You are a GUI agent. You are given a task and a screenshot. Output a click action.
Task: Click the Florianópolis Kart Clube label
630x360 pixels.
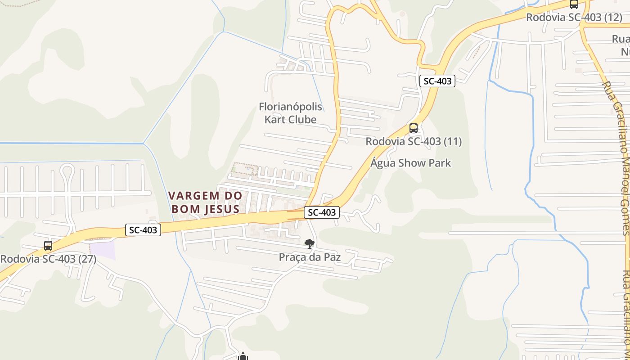pyautogui.click(x=291, y=113)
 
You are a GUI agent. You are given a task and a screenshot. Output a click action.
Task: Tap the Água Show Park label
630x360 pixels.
pyautogui.click(x=410, y=163)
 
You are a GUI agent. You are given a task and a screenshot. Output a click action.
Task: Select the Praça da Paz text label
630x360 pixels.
pyautogui.click(x=310, y=257)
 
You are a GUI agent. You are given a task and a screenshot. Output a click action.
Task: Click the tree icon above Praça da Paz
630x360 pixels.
pyautogui.click(x=309, y=244)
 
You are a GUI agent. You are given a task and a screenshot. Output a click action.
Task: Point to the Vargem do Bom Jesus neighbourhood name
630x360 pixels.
pyautogui.click(x=211, y=202)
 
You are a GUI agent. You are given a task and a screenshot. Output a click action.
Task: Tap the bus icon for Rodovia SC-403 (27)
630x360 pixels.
pyautogui.click(x=48, y=246)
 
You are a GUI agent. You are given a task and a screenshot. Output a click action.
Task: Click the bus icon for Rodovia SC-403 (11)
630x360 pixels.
pyautogui.click(x=414, y=128)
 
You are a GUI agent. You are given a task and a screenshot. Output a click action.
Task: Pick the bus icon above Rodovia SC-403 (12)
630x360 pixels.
pyautogui.click(x=574, y=4)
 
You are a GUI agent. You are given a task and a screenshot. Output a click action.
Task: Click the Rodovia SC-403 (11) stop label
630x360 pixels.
pyautogui.click(x=414, y=142)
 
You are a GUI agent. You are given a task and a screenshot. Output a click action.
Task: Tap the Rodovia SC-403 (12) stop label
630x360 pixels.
pyautogui.click(x=574, y=18)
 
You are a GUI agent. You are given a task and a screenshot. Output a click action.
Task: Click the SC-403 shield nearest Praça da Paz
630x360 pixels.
pyautogui.click(x=321, y=212)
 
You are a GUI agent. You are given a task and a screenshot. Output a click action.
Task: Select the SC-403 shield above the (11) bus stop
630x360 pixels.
pyautogui.click(x=437, y=81)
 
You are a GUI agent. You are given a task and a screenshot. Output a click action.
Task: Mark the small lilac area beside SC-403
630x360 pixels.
pyautogui.click(x=103, y=250)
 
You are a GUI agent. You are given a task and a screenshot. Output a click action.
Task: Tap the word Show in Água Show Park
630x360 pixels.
pyautogui.click(x=410, y=163)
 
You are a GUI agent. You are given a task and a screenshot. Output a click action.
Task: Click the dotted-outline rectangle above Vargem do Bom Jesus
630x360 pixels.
pyautogui.click(x=245, y=169)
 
